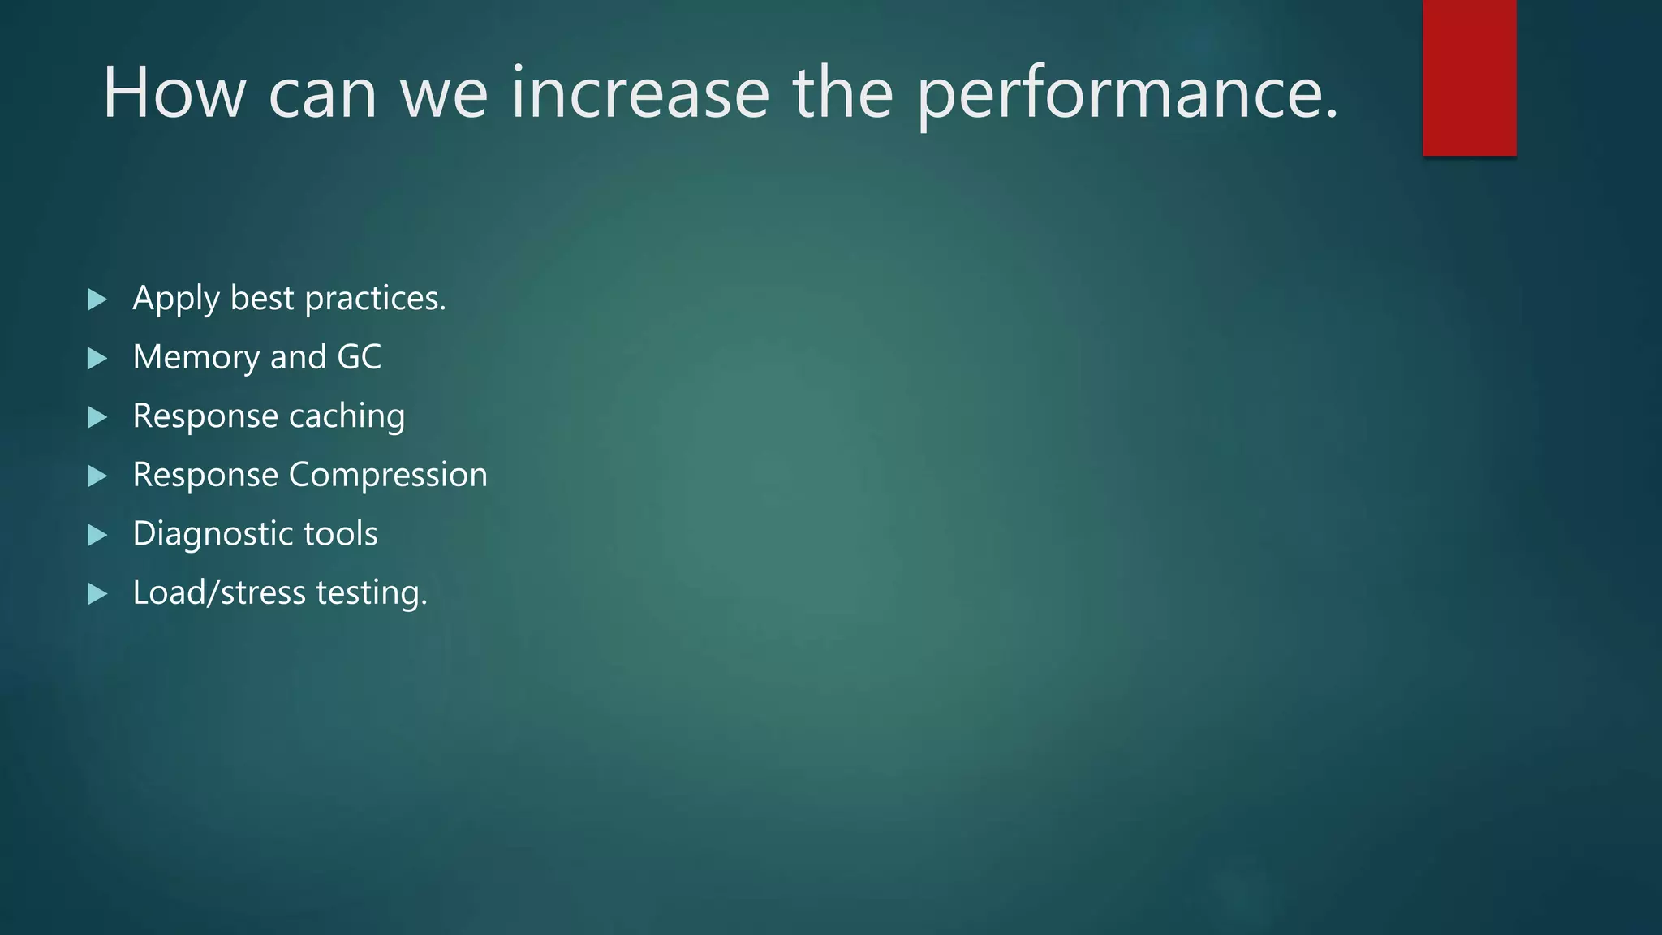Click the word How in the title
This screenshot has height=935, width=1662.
(x=174, y=93)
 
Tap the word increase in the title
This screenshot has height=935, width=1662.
(x=639, y=93)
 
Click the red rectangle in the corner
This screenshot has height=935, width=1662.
(x=1469, y=78)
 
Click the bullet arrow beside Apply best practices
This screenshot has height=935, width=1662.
(x=97, y=299)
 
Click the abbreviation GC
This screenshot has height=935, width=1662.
(x=359, y=357)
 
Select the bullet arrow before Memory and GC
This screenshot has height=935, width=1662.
(x=97, y=358)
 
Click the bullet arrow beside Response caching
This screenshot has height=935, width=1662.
(x=97, y=417)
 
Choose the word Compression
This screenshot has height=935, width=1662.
(x=388, y=475)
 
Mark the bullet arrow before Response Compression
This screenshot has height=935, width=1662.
(x=97, y=476)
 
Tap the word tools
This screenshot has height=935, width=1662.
(x=340, y=534)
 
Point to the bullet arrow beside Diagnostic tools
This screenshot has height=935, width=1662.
(x=97, y=535)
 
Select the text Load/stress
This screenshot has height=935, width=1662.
(x=219, y=592)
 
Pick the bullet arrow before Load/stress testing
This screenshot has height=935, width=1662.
(x=97, y=594)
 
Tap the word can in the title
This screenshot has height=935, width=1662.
(x=322, y=93)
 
